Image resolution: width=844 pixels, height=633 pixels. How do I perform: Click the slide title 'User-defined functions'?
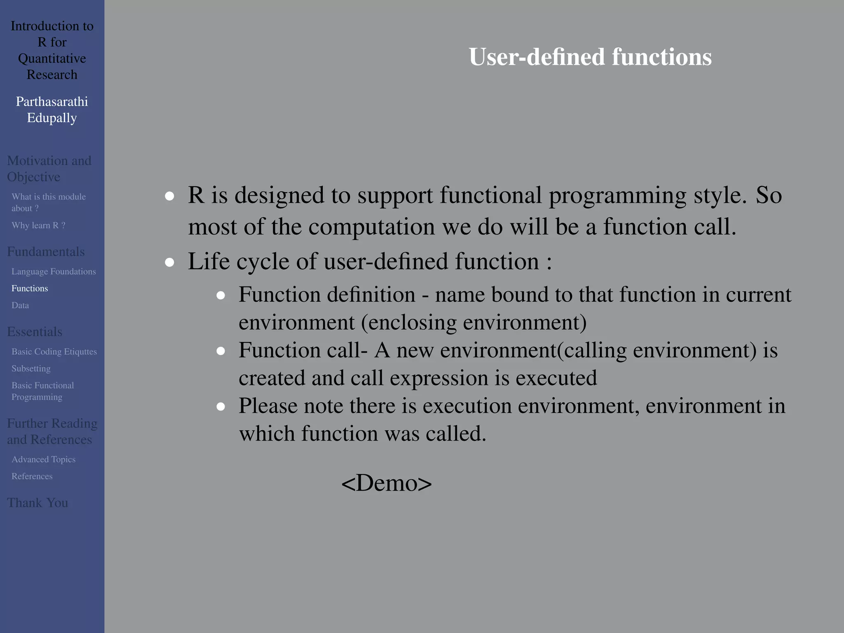(590, 57)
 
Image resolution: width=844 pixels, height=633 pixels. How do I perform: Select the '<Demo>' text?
(387, 483)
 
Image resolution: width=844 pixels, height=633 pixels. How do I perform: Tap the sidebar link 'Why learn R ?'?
(38, 225)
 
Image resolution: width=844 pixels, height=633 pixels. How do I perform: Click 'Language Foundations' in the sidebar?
(54, 272)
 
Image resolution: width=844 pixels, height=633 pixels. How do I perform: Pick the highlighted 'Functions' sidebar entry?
(30, 288)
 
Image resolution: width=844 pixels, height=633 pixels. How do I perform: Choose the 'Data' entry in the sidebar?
(20, 305)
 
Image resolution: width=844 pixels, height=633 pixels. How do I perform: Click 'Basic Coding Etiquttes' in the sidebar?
(54, 352)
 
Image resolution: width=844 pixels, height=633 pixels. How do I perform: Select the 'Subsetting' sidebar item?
(31, 368)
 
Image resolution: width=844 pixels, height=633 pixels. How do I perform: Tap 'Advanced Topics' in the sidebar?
(43, 459)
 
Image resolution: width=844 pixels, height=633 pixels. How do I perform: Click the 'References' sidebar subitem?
(32, 476)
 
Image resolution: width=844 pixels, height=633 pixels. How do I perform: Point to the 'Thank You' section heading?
(38, 503)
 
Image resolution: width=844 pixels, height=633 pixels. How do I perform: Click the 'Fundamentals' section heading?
(46, 251)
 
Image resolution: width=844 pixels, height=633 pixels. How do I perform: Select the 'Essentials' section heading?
(35, 332)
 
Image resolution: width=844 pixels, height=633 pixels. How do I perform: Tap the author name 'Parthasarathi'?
(52, 101)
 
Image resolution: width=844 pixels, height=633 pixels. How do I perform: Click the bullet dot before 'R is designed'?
(169, 196)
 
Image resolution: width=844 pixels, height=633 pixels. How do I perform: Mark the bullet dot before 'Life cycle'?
(169, 263)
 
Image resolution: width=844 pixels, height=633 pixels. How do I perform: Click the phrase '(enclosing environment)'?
(474, 322)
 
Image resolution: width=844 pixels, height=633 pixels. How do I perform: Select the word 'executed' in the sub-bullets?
(556, 378)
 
